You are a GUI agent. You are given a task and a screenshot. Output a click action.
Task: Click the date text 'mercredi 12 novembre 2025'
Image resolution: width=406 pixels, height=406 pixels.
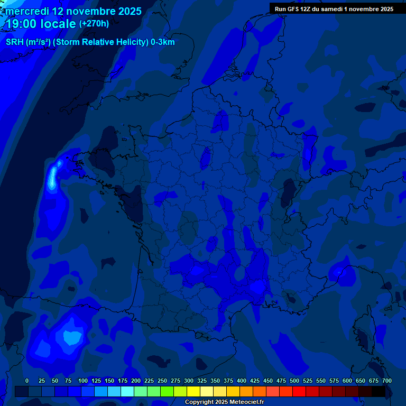tap(73, 11)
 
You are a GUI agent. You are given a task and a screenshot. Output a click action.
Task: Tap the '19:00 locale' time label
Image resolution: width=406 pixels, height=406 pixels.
tap(41, 24)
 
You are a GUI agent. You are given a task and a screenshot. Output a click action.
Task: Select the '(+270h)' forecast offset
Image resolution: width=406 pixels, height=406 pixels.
tap(94, 24)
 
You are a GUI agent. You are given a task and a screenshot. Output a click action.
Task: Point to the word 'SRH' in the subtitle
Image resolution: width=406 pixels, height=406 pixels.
tap(14, 42)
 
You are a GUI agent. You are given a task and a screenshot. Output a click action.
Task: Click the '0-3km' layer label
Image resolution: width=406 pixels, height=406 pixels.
tap(162, 42)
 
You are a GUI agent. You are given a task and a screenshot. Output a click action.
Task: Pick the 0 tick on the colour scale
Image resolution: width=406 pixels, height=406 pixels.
tap(27, 381)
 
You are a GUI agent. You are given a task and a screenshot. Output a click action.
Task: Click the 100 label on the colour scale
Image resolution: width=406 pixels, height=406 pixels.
tap(83, 381)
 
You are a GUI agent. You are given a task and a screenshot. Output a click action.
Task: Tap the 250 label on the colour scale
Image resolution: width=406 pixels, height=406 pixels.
tap(162, 381)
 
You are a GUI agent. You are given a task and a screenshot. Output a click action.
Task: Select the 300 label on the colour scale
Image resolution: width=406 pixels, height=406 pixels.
tap(189, 381)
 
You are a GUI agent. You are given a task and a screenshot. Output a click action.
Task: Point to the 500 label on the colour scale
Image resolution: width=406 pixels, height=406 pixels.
tap(294, 381)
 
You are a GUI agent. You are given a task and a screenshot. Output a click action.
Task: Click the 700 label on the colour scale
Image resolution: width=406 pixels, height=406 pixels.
tap(386, 381)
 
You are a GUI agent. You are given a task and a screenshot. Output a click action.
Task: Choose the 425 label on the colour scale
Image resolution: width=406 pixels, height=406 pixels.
tap(255, 381)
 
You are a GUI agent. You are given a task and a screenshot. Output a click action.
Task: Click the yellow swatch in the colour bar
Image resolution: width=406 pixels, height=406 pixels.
tap(193, 392)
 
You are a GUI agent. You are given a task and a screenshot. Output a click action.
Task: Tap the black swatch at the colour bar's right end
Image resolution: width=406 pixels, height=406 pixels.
tap(379, 392)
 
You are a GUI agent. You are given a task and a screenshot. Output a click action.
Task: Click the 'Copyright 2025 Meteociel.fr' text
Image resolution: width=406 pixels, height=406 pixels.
tap(224, 402)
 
